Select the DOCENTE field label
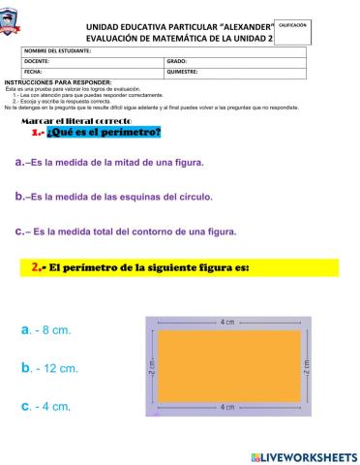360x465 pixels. coord(39,61)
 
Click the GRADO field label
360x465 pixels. coord(178,61)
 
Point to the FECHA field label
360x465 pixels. coord(34,72)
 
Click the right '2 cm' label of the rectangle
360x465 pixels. coord(305,365)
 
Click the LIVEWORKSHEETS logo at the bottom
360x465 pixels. coord(303,455)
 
